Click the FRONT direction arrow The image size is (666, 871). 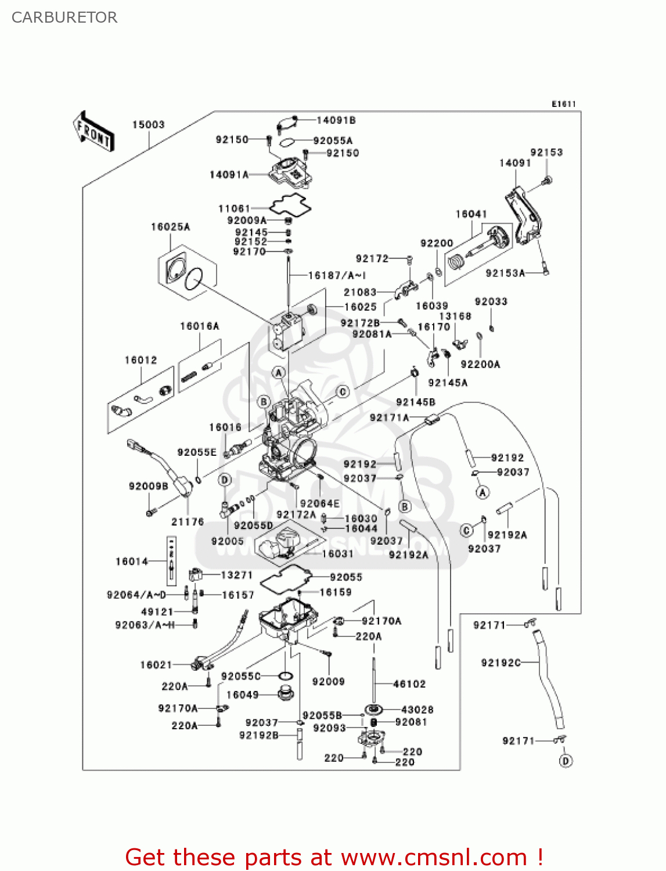click(x=93, y=132)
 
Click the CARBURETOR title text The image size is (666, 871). click(x=64, y=17)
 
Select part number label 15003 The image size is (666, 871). click(x=148, y=125)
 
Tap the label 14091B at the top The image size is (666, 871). click(x=336, y=120)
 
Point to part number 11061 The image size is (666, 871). click(x=234, y=208)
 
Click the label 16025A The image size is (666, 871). click(x=170, y=227)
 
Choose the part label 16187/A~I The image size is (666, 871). click(x=337, y=275)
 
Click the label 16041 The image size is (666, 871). click(x=471, y=214)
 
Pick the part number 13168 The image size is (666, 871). click(x=455, y=316)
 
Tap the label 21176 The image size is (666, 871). click(x=188, y=521)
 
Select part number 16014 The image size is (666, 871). click(x=132, y=562)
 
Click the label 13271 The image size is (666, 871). click(x=237, y=575)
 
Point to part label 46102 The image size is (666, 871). click(x=409, y=684)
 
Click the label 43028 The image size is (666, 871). click(x=417, y=710)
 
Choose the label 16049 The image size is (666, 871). click(x=242, y=695)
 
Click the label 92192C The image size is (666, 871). click(x=501, y=663)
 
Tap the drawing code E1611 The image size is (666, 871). click(x=563, y=104)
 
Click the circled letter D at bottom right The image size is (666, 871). click(x=566, y=761)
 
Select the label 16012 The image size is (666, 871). click(x=141, y=361)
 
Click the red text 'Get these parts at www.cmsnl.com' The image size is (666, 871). click(x=334, y=857)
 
